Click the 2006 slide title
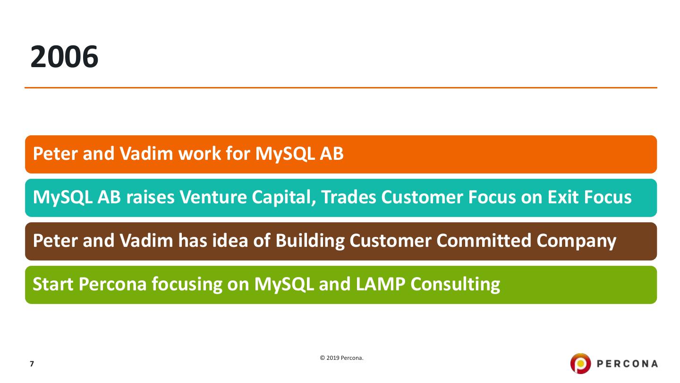pos(64,57)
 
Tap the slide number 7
pos(32,364)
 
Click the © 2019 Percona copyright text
pos(341,358)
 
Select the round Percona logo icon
pos(580,364)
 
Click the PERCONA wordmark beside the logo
pos(627,364)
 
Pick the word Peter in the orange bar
pos(55,154)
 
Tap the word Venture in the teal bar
pos(213,197)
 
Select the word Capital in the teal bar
pos(284,198)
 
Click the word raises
pos(150,197)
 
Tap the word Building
pos(310,241)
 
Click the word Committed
pos(484,240)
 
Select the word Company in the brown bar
pos(576,241)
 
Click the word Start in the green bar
pos(53,284)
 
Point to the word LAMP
pos(381,284)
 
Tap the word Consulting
pos(455,285)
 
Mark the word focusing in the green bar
pos(187,285)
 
